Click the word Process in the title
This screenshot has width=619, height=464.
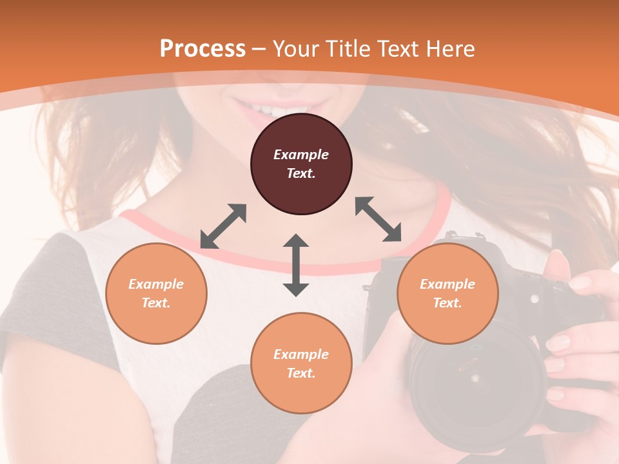tap(202, 48)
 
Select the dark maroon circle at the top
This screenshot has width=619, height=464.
tap(301, 164)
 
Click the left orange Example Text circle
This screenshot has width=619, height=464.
tap(156, 293)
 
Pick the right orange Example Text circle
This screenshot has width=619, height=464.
tap(447, 293)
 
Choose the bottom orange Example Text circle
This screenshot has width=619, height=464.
tap(301, 363)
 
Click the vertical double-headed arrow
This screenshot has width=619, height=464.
tap(296, 265)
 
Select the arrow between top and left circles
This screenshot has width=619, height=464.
tap(223, 226)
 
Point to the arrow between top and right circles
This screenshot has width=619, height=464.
tap(378, 219)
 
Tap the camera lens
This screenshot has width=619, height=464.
tap(474, 380)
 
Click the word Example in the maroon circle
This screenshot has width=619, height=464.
tap(301, 155)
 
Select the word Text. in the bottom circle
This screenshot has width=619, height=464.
tap(301, 373)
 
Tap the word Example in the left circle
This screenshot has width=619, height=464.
tap(156, 284)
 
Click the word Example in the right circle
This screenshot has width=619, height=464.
tap(447, 284)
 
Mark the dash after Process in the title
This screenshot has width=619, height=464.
tap(259, 50)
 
